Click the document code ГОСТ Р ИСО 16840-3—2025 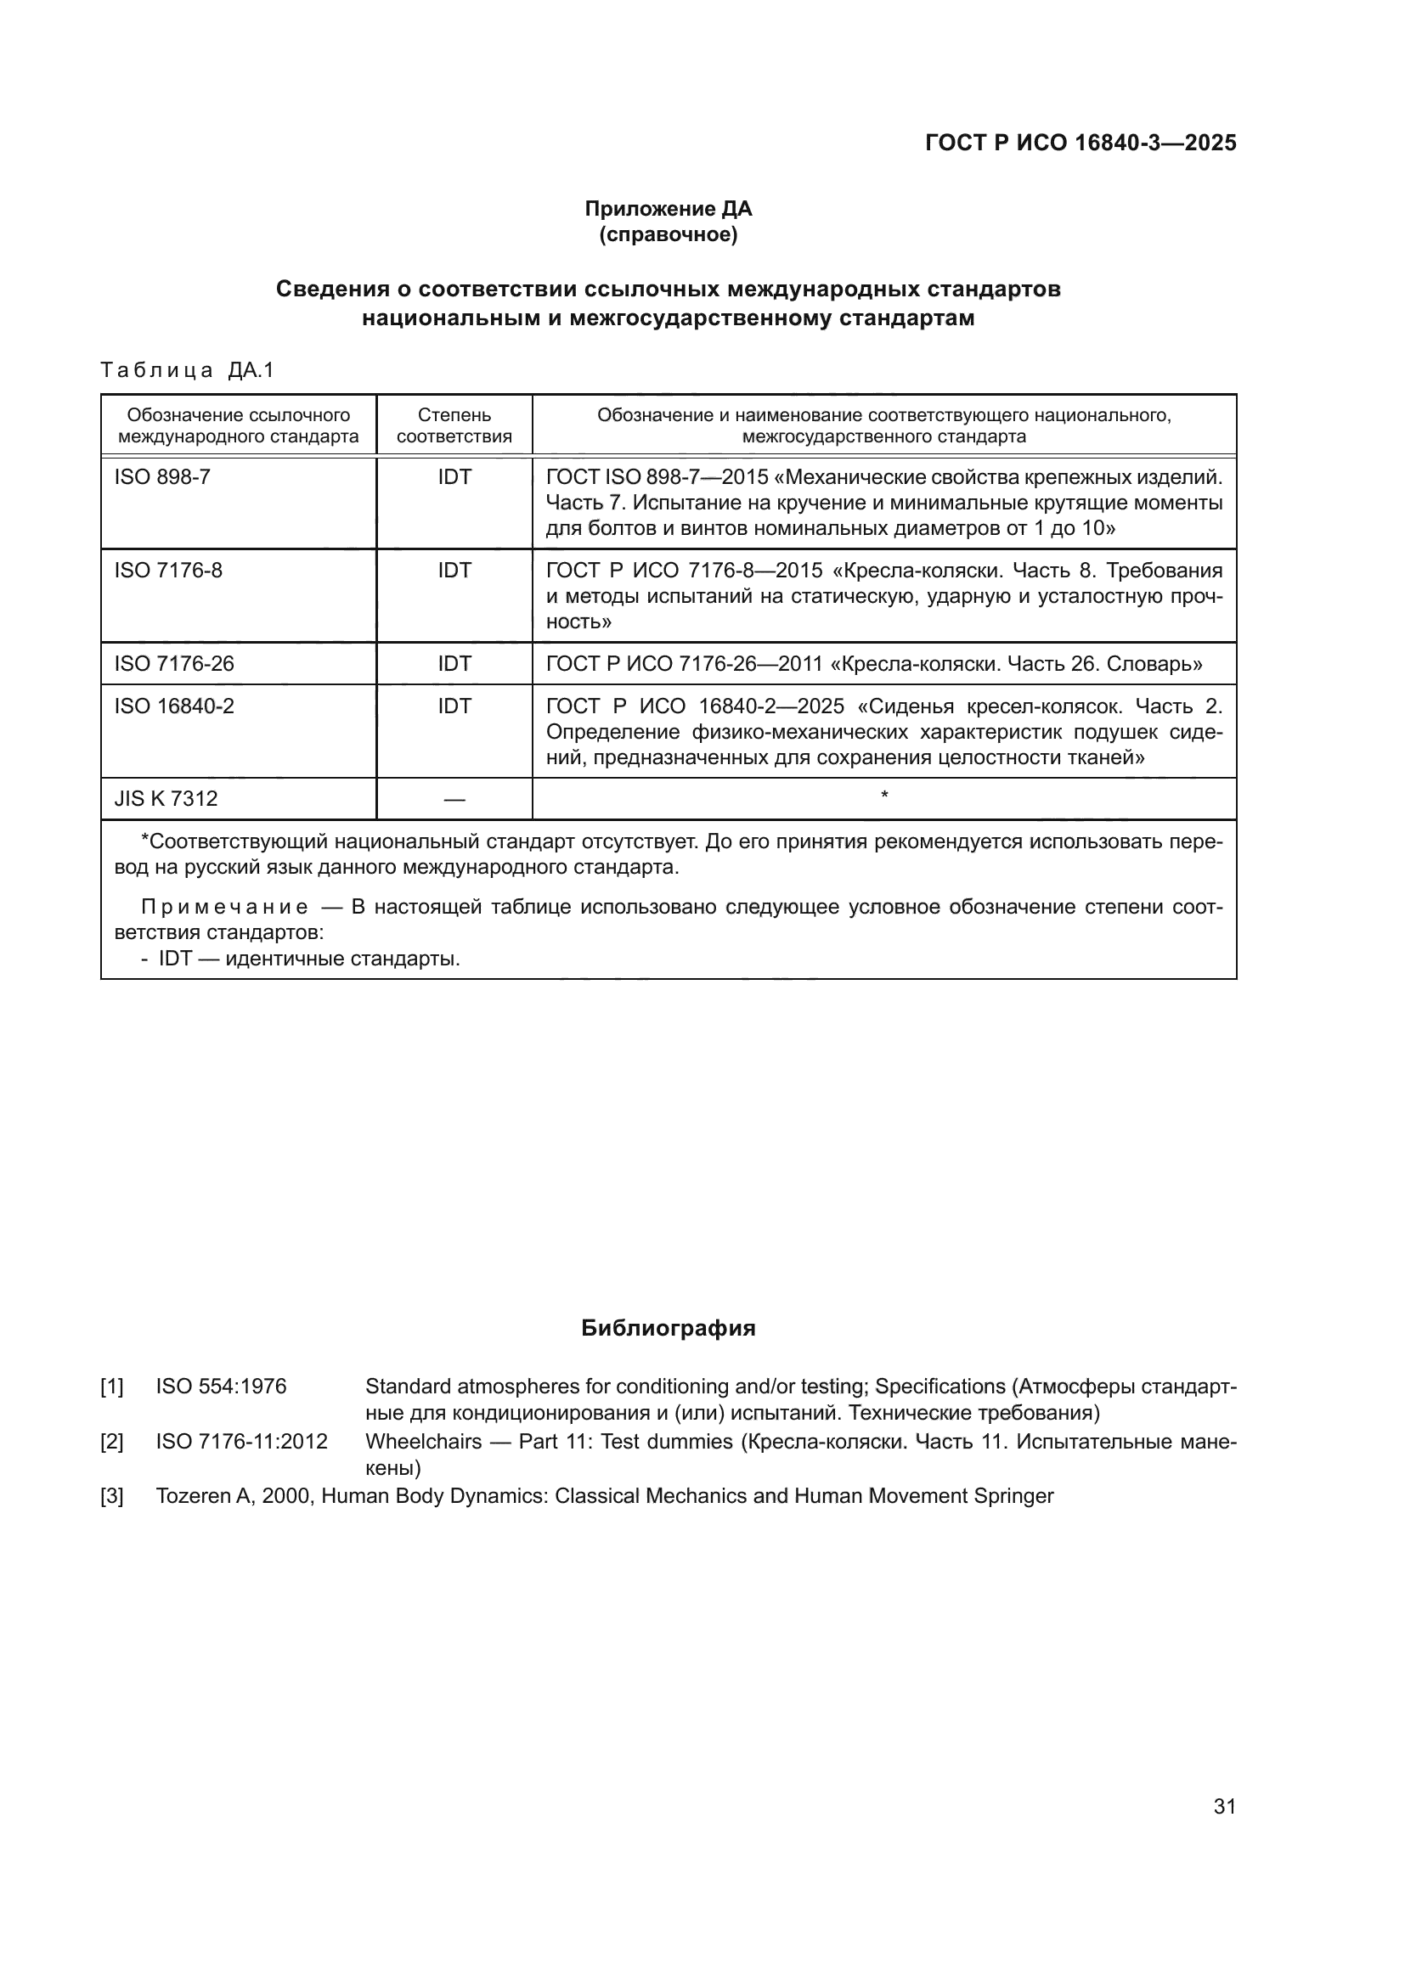tap(1081, 143)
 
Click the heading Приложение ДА tap(668, 209)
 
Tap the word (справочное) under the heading tap(668, 234)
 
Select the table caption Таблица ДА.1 tap(187, 370)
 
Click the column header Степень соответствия tap(454, 425)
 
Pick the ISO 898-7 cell tap(162, 477)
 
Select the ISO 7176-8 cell tap(169, 571)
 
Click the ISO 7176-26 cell tap(174, 664)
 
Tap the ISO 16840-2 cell tap(174, 706)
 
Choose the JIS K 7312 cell tap(166, 799)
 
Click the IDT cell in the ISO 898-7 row tap(454, 477)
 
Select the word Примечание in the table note tap(225, 908)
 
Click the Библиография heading tap(668, 1329)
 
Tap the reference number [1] tap(112, 1387)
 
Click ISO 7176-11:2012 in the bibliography tap(241, 1442)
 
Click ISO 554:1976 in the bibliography tap(221, 1387)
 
